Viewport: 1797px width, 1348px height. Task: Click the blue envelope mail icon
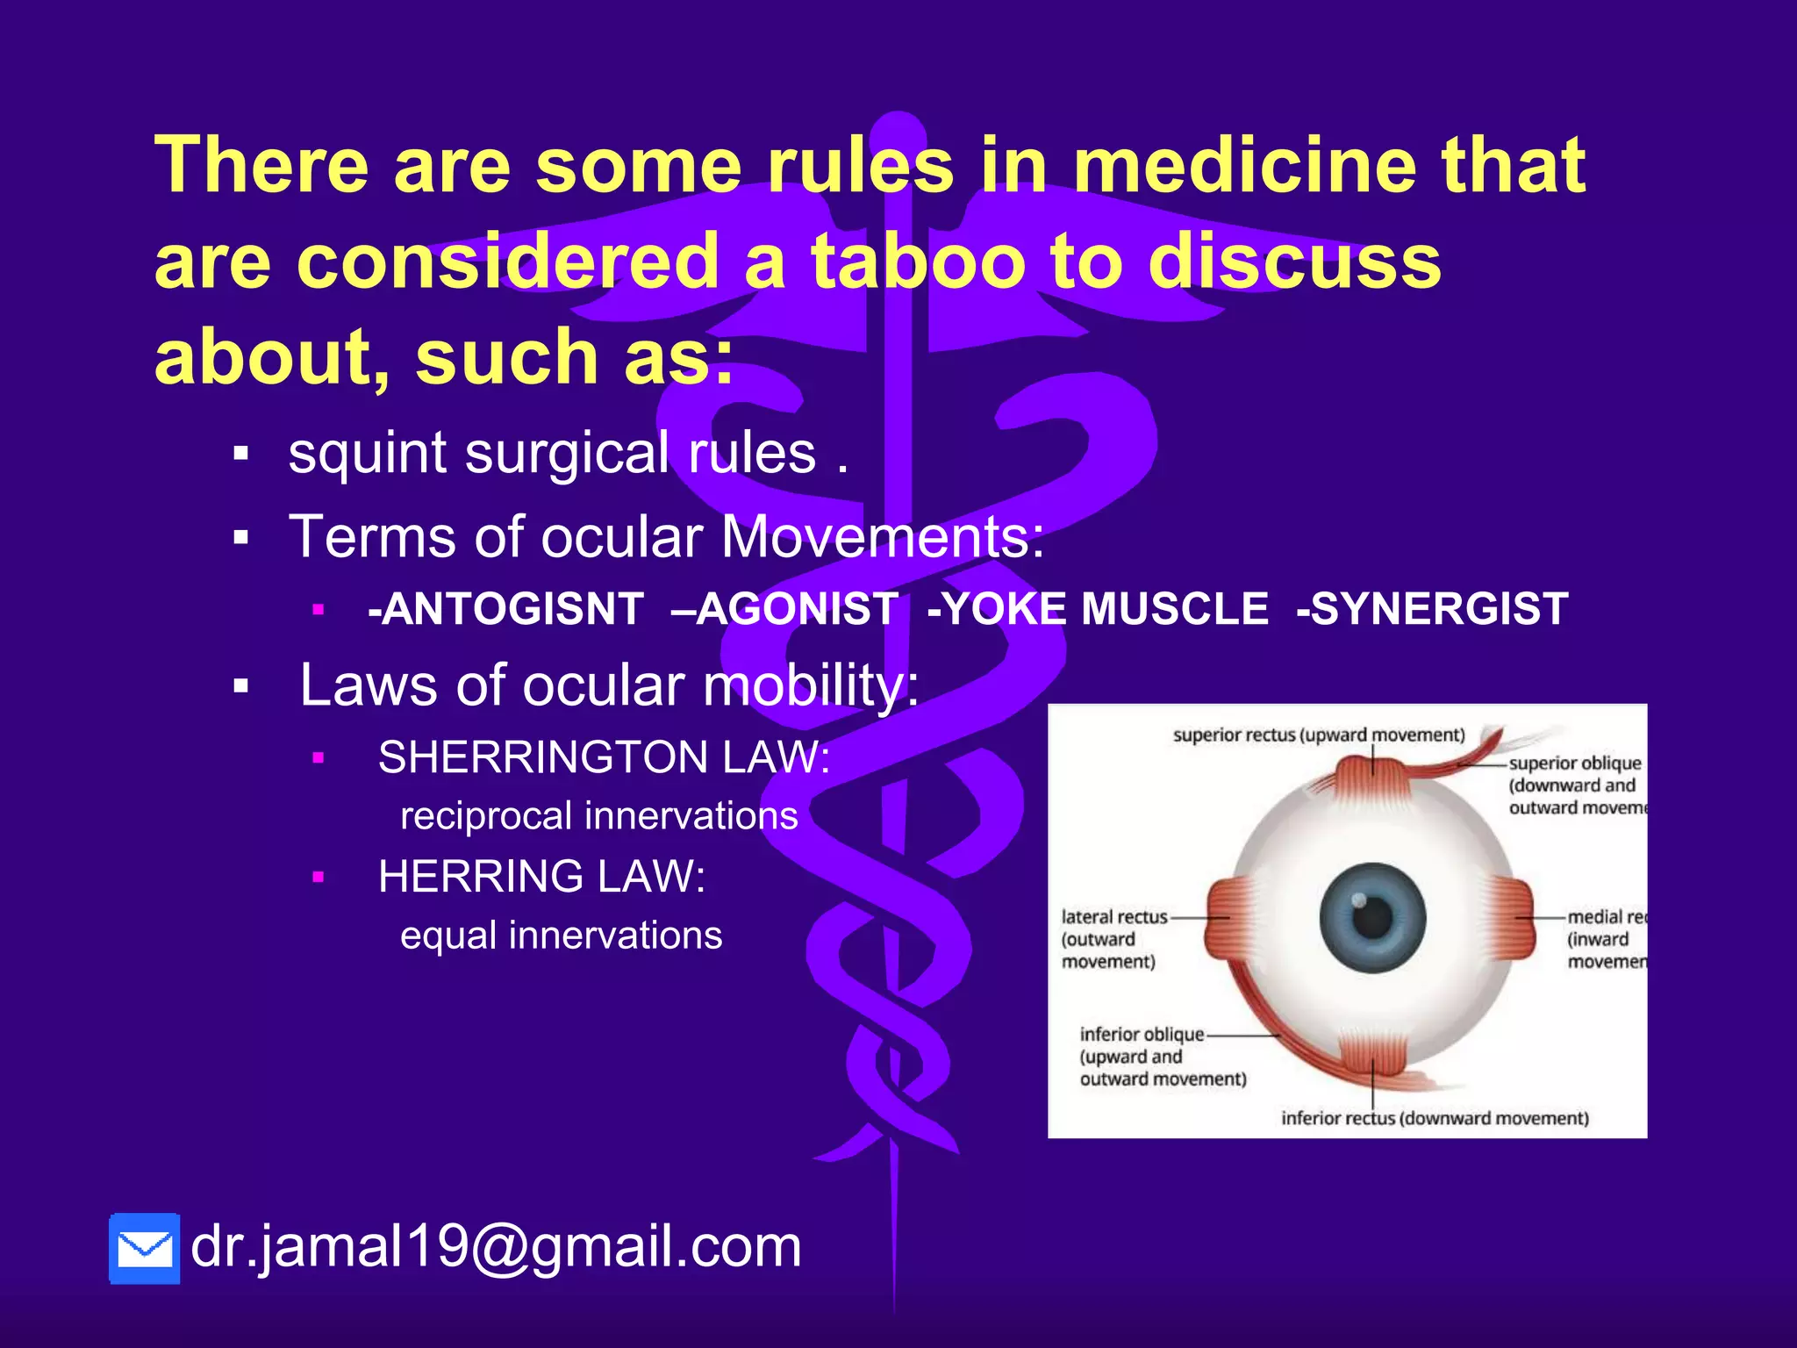[145, 1248]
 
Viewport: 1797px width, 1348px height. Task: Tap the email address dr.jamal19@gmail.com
[496, 1246]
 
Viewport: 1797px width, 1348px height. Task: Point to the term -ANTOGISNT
[506, 609]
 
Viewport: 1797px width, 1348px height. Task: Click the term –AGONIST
[784, 609]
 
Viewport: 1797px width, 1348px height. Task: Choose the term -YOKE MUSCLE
[1098, 609]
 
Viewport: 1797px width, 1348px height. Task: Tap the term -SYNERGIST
[1432, 609]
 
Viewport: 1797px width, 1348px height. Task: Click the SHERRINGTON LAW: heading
[604, 757]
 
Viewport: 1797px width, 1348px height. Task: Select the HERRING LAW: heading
[541, 877]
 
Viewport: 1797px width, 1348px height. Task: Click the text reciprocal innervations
[598, 816]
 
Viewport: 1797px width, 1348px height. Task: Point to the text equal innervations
[561, 936]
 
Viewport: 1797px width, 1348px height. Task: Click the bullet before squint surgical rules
[241, 455]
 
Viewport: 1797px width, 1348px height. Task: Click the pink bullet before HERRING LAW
[319, 877]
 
